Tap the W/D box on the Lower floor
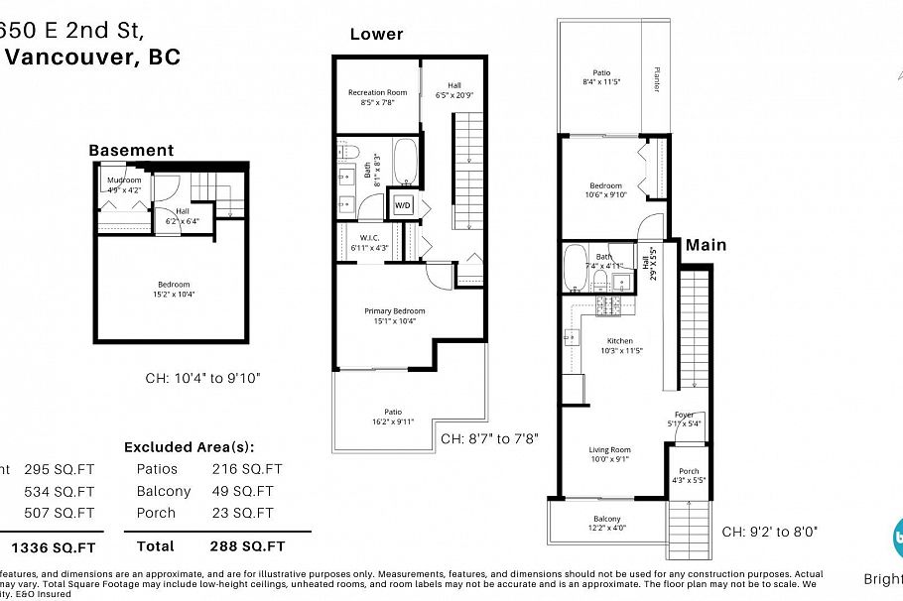click(x=403, y=204)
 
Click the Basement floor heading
click(x=131, y=151)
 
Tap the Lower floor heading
click(x=376, y=34)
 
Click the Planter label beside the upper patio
click(x=656, y=79)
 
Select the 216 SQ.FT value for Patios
click(x=246, y=469)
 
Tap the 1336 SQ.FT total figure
click(x=53, y=546)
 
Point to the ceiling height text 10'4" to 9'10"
click(x=202, y=378)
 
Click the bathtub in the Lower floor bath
click(x=405, y=159)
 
